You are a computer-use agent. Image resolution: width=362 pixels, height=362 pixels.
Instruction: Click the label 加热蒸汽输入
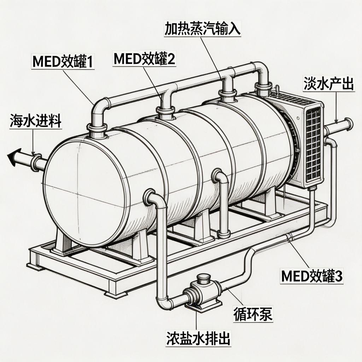[203, 29]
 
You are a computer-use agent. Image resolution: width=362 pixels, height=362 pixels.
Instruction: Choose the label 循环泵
[253, 314]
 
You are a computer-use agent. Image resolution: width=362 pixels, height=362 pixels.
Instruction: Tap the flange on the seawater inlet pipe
[36, 162]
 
